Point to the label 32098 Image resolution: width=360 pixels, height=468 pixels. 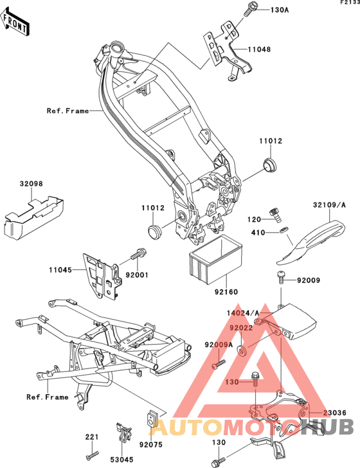(x=31, y=184)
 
